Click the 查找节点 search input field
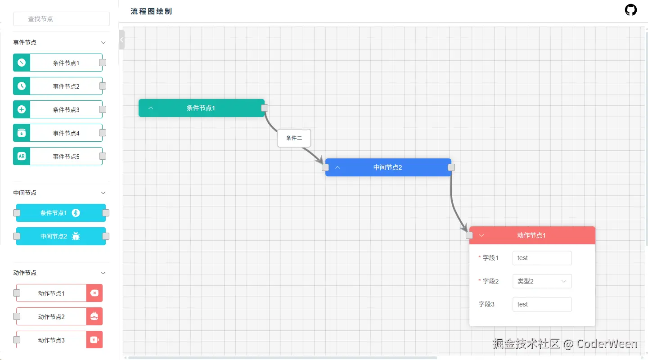click(61, 19)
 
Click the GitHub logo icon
click(630, 10)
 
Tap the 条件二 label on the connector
click(294, 138)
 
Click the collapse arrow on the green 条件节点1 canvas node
click(151, 108)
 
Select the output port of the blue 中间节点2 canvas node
click(451, 167)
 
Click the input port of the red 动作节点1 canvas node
click(469, 235)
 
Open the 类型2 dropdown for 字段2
click(542, 281)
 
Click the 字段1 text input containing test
click(542, 258)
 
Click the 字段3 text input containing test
click(542, 304)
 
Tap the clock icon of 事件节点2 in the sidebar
click(22, 86)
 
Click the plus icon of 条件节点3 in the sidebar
click(22, 109)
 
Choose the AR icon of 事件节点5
click(22, 156)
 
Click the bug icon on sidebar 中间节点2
click(76, 236)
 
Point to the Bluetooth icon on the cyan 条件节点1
click(76, 213)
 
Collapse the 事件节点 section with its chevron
click(103, 43)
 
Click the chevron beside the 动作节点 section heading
click(103, 273)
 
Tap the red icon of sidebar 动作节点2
click(94, 316)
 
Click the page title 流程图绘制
click(151, 11)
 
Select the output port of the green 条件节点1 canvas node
click(265, 108)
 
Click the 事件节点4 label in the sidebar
click(66, 133)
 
